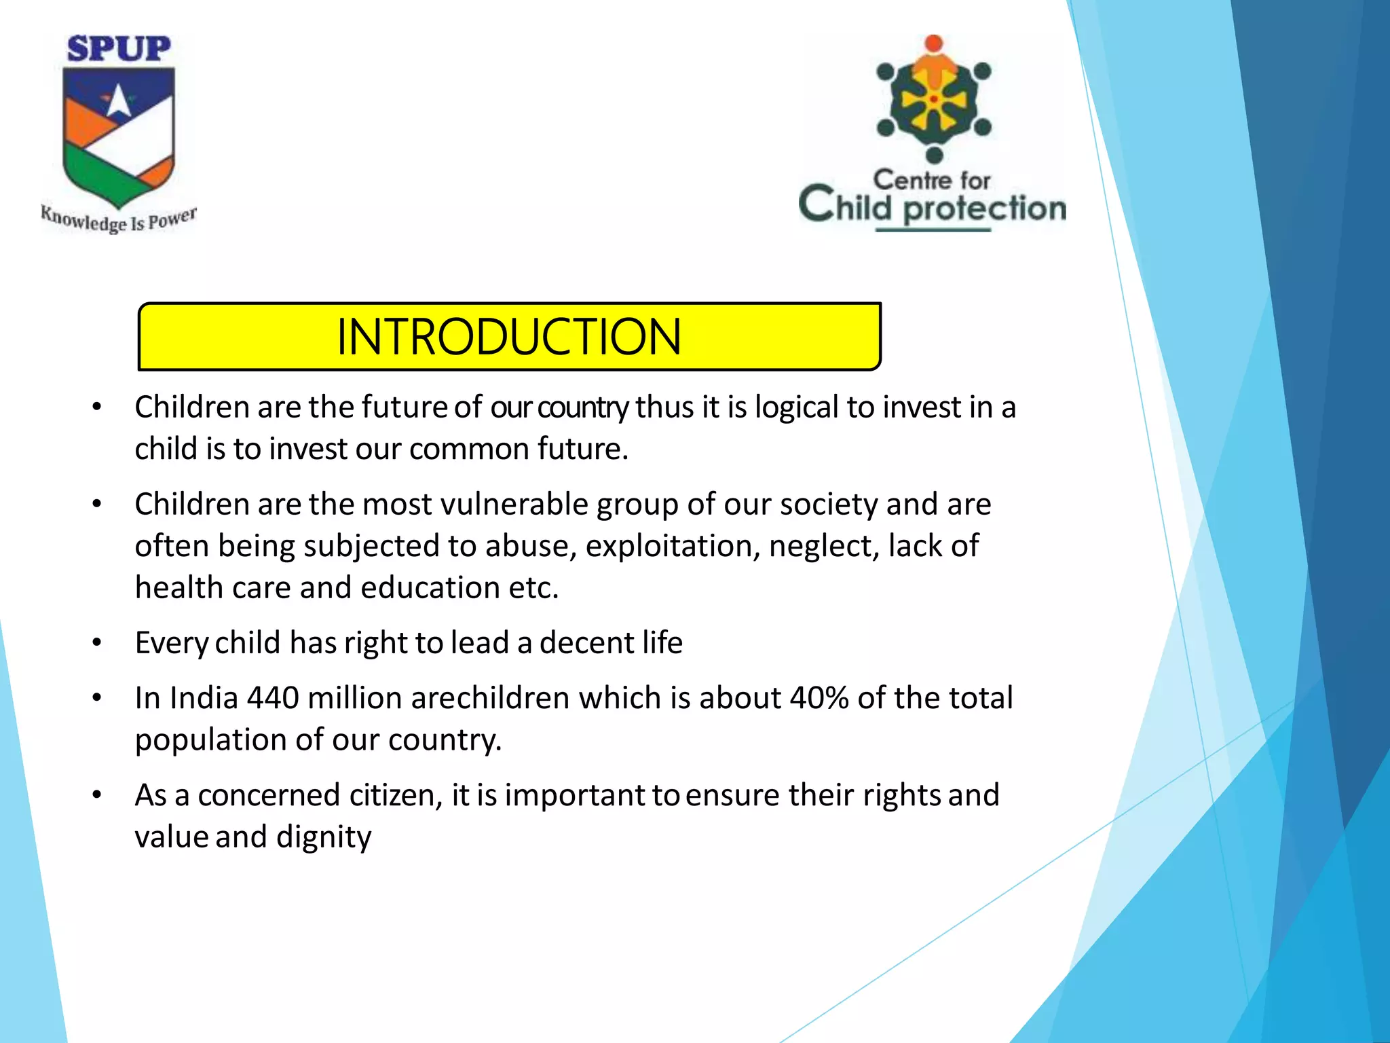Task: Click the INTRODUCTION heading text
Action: (508, 337)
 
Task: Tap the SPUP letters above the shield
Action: (119, 50)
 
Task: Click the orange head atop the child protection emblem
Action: (934, 43)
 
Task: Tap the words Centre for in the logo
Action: (931, 181)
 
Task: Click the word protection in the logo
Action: (985, 208)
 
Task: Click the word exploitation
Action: (673, 546)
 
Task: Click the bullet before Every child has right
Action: (97, 642)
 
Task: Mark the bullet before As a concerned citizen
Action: (97, 794)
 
